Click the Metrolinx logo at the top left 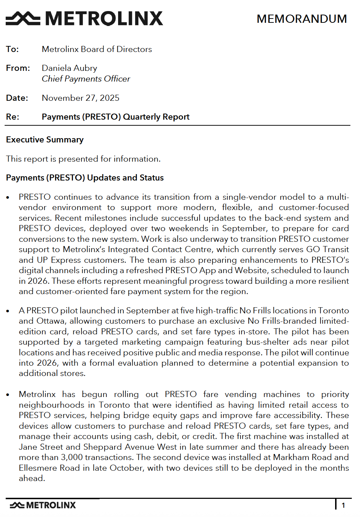[x=84, y=19]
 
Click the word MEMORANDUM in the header [x=302, y=19]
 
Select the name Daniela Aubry [x=69, y=68]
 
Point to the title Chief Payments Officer [x=86, y=79]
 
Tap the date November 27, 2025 [x=80, y=98]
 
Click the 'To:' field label [x=12, y=49]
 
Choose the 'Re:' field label [x=13, y=117]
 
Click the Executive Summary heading [x=45, y=140]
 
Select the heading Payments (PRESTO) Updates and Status [x=85, y=178]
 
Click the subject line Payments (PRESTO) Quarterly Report [x=116, y=117]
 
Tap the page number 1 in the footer [x=343, y=505]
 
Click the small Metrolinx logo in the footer [x=43, y=505]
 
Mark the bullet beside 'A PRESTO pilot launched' [x=8, y=311]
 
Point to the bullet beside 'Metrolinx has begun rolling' [x=8, y=395]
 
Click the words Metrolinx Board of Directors [x=97, y=49]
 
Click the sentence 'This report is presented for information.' [x=83, y=159]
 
